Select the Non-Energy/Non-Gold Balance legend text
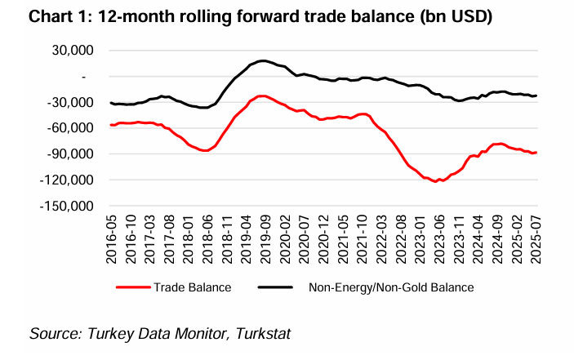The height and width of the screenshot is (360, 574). pos(391,287)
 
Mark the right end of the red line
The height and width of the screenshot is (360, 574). pos(536,153)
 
